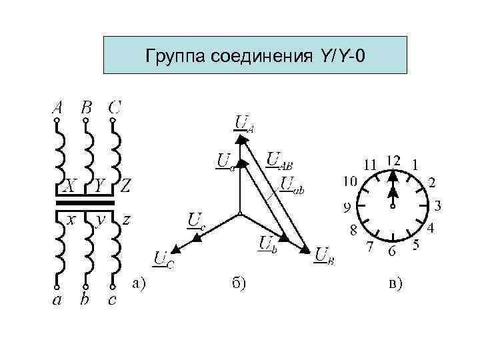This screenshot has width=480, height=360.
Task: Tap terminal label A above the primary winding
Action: [57, 107]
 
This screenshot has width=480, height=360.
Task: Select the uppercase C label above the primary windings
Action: [115, 107]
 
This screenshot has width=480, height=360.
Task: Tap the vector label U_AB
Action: [280, 160]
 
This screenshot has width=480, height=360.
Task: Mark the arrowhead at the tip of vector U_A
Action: [239, 137]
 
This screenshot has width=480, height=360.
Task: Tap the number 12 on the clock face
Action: [393, 161]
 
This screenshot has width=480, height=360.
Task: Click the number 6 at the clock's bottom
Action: [393, 252]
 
